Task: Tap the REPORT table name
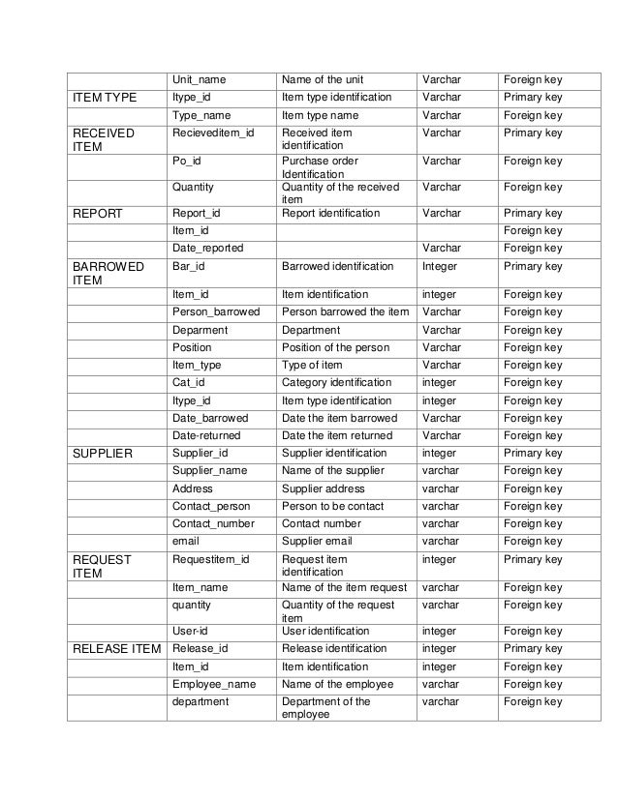[99, 213]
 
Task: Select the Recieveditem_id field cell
[214, 133]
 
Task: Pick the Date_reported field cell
[208, 249]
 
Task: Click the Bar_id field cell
[189, 266]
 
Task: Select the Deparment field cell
[201, 330]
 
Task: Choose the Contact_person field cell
[211, 506]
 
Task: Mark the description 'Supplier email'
[317, 542]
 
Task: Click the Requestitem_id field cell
[211, 559]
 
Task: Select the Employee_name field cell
[214, 684]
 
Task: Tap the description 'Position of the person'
[335, 347]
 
